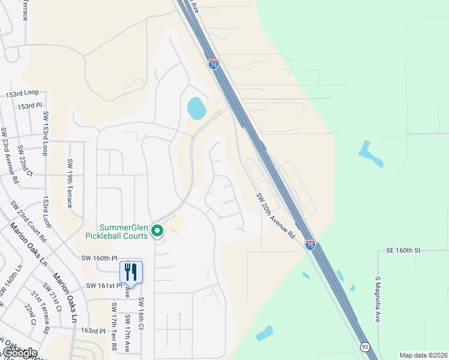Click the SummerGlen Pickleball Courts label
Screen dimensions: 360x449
pos(123,231)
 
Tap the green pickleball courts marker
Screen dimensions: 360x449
pos(157,230)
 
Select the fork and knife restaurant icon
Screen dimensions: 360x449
pos(131,272)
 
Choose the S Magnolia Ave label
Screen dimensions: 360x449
pos(378,300)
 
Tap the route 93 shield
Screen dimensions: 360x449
pos(364,347)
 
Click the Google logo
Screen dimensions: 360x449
pos(19,353)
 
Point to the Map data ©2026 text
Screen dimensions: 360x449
pos(424,355)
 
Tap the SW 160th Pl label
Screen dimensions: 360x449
pos(99,257)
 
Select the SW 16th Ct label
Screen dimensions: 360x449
pos(141,314)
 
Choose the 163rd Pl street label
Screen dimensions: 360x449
pos(94,331)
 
